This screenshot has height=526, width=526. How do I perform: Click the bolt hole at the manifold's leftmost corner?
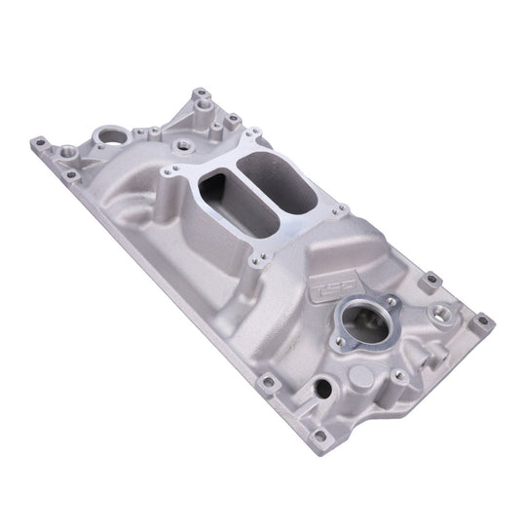(x=39, y=144)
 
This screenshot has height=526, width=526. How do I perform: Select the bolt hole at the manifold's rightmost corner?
(x=480, y=319)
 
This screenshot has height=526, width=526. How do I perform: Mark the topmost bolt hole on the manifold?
(x=201, y=94)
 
